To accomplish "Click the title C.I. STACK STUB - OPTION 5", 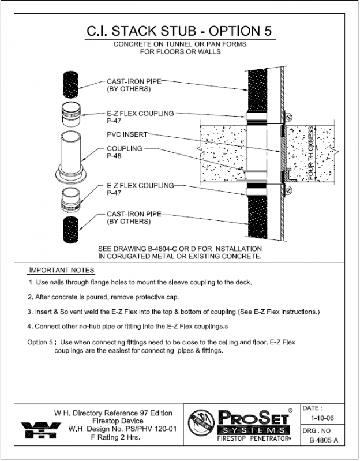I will pyautogui.click(x=179, y=31).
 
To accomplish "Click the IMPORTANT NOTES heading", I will pyautogui.click(x=63, y=270).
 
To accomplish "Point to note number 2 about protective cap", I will pyautogui.click(x=104, y=297).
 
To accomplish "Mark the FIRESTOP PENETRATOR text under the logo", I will pyautogui.click(x=251, y=440).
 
